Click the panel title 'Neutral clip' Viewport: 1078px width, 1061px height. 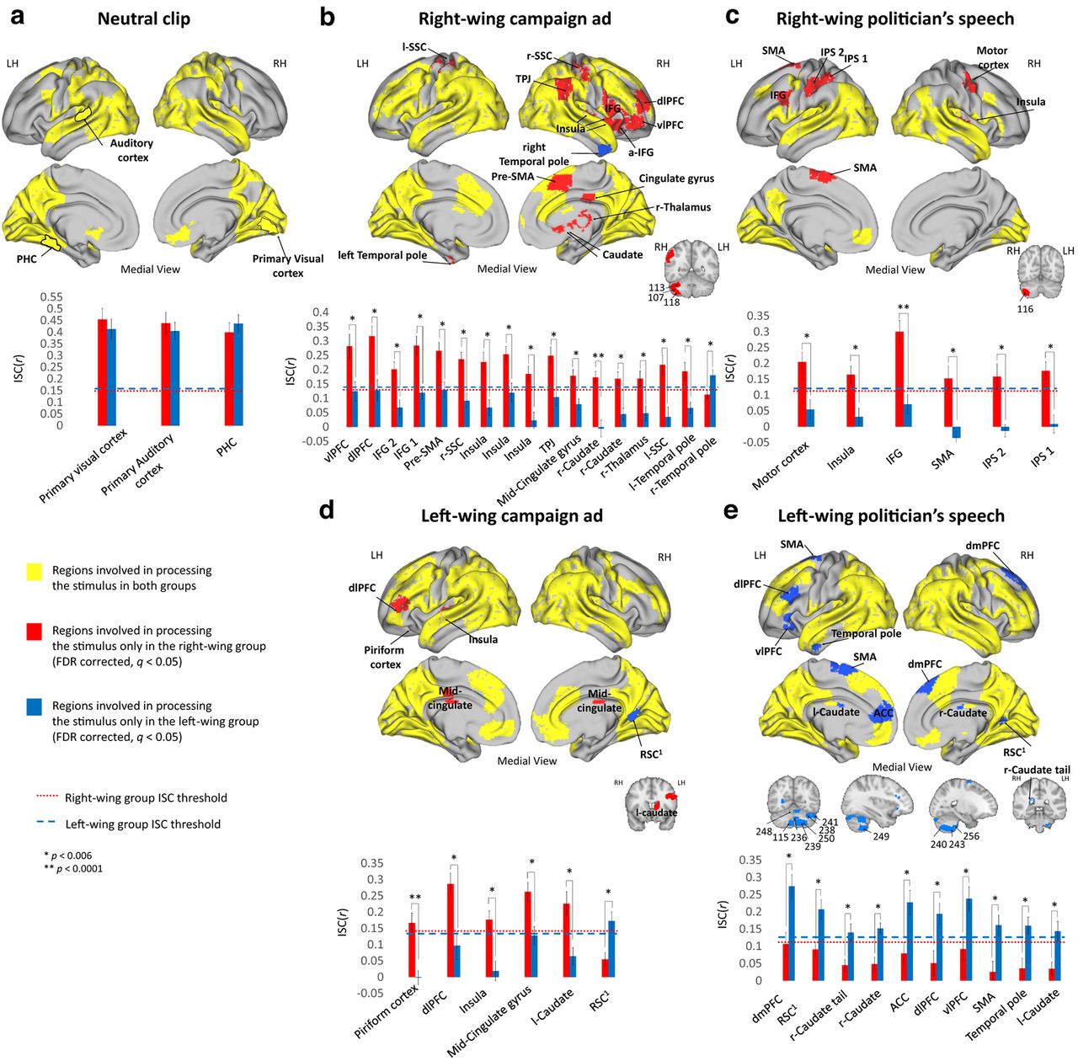(144, 19)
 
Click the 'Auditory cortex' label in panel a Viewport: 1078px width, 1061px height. (131, 150)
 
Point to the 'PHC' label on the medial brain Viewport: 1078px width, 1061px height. (27, 259)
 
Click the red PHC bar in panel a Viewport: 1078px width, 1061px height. (229, 378)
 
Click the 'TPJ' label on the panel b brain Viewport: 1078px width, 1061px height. (524, 80)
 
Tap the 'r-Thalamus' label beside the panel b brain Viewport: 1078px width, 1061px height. (684, 207)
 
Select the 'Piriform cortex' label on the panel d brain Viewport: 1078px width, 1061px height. (384, 657)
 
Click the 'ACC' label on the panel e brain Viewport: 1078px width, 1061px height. (883, 712)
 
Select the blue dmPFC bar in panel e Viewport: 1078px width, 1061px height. (791, 933)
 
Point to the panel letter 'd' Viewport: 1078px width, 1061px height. (328, 511)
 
